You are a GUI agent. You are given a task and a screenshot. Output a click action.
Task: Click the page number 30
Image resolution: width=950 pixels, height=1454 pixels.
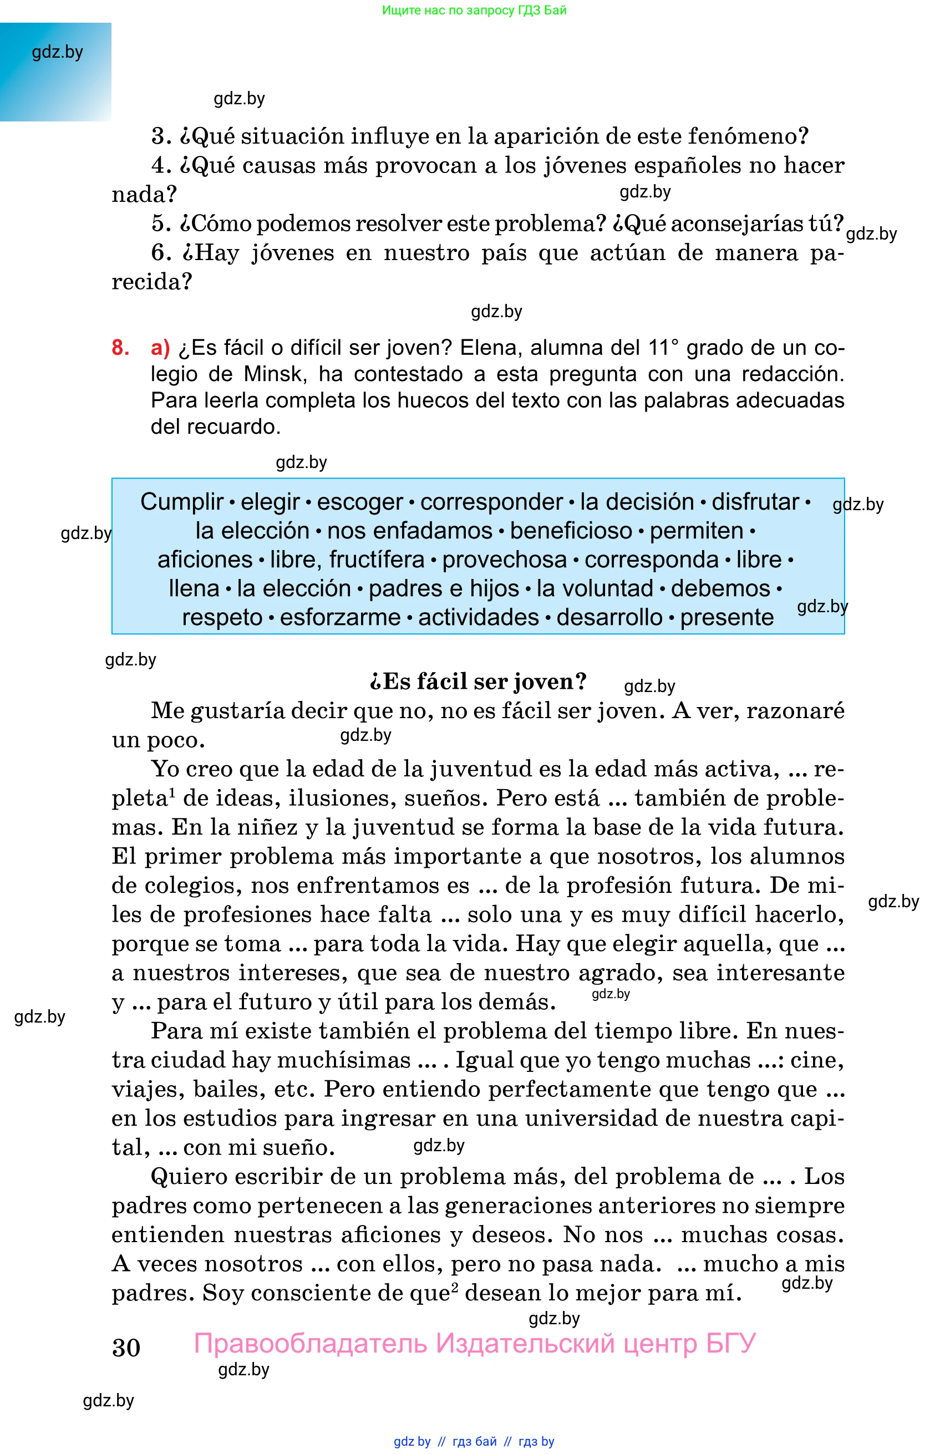126,1347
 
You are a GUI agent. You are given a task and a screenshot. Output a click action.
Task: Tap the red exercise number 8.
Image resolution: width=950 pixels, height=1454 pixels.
120,348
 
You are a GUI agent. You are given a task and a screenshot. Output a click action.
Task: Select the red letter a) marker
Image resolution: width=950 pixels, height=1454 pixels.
160,348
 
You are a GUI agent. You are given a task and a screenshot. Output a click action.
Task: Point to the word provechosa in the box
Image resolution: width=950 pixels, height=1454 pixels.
504,559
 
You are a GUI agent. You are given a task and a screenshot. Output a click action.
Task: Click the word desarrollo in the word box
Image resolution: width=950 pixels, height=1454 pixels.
609,617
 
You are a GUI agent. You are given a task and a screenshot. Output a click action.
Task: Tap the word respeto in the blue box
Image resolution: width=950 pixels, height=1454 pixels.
222,617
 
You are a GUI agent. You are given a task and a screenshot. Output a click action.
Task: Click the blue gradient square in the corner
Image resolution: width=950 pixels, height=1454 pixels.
55,72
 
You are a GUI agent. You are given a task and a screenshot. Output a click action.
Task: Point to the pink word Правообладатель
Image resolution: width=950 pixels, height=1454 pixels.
311,1344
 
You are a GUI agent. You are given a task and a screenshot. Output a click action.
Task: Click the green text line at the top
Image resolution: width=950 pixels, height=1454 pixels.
474,10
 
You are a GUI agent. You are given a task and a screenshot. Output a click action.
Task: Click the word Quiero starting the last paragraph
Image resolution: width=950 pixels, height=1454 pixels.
187,1176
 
